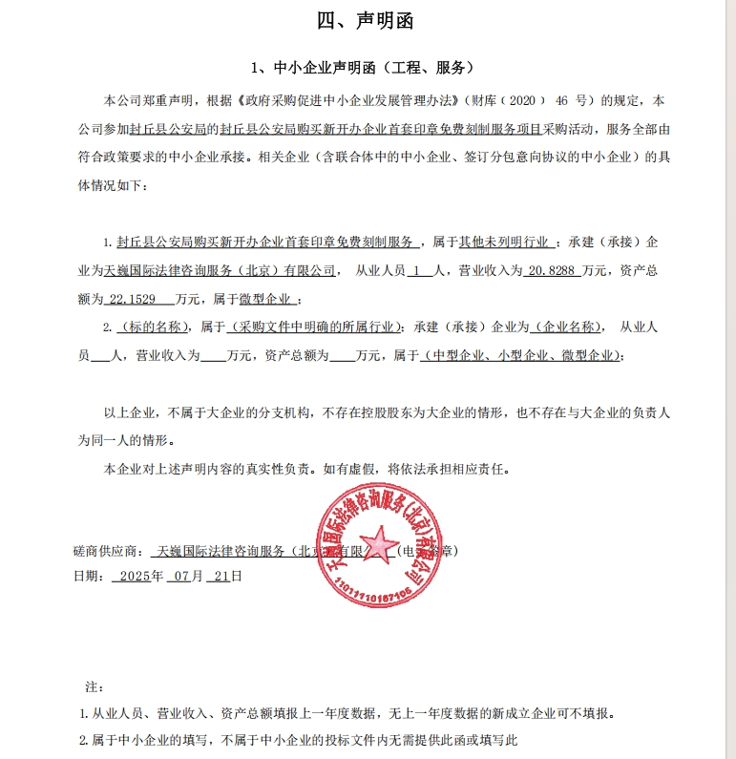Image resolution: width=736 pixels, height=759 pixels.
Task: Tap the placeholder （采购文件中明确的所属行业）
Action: pos(311,327)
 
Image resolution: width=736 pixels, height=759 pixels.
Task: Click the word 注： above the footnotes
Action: pos(94,686)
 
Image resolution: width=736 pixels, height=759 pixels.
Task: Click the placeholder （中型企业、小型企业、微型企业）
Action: pos(523,356)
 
